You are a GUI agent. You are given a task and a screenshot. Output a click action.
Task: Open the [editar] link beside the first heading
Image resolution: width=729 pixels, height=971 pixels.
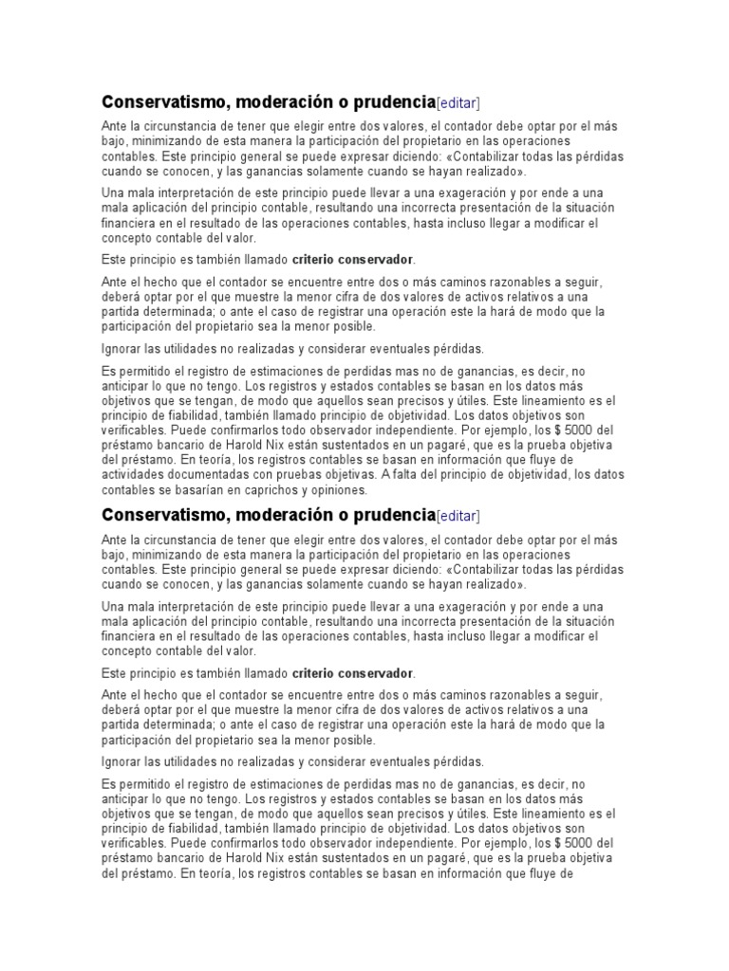point(458,103)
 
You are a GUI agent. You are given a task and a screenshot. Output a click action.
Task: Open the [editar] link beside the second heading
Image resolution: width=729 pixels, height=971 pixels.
point(458,516)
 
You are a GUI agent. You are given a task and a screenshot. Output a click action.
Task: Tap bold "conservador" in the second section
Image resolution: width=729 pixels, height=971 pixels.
point(377,672)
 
